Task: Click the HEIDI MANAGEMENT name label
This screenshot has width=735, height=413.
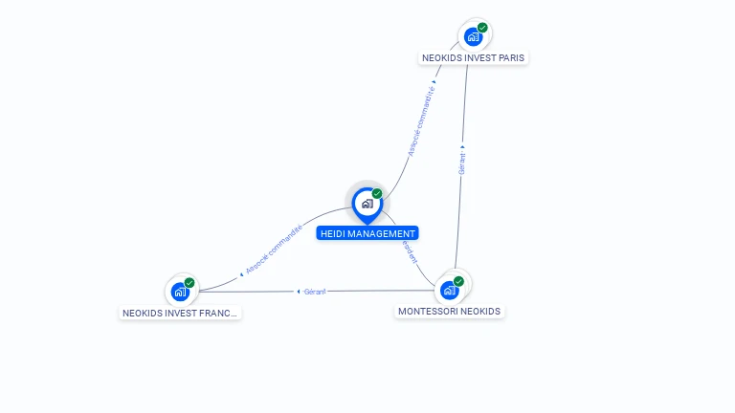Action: click(367, 233)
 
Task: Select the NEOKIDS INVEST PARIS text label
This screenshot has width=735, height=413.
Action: click(473, 57)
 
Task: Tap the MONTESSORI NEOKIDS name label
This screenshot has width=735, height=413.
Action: click(449, 311)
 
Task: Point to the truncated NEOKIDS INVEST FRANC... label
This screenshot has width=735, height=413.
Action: click(180, 313)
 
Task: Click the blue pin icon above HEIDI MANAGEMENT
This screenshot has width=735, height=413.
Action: click(367, 204)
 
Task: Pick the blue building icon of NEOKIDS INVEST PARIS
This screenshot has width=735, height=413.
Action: click(472, 36)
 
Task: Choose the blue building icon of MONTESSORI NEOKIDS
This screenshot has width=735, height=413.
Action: click(449, 290)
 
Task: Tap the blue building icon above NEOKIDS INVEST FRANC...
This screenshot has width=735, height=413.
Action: click(179, 292)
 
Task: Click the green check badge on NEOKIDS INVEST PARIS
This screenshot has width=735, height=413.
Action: click(482, 28)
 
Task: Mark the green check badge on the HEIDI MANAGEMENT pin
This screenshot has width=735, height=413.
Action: click(377, 194)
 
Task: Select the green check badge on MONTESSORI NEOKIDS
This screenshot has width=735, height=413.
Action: click(458, 281)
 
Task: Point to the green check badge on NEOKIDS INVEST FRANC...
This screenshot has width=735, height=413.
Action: click(189, 283)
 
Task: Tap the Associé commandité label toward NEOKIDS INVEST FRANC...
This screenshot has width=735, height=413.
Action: click(274, 250)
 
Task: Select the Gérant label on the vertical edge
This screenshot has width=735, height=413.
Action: click(461, 163)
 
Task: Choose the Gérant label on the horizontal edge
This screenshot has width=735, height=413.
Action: click(315, 291)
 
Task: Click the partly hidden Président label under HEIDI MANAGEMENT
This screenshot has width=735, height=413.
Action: click(410, 250)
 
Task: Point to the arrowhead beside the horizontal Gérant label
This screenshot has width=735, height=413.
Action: click(299, 291)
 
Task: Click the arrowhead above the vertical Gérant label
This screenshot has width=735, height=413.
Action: click(462, 147)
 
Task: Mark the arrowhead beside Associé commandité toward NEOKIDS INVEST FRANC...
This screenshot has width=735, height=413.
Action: click(242, 274)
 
